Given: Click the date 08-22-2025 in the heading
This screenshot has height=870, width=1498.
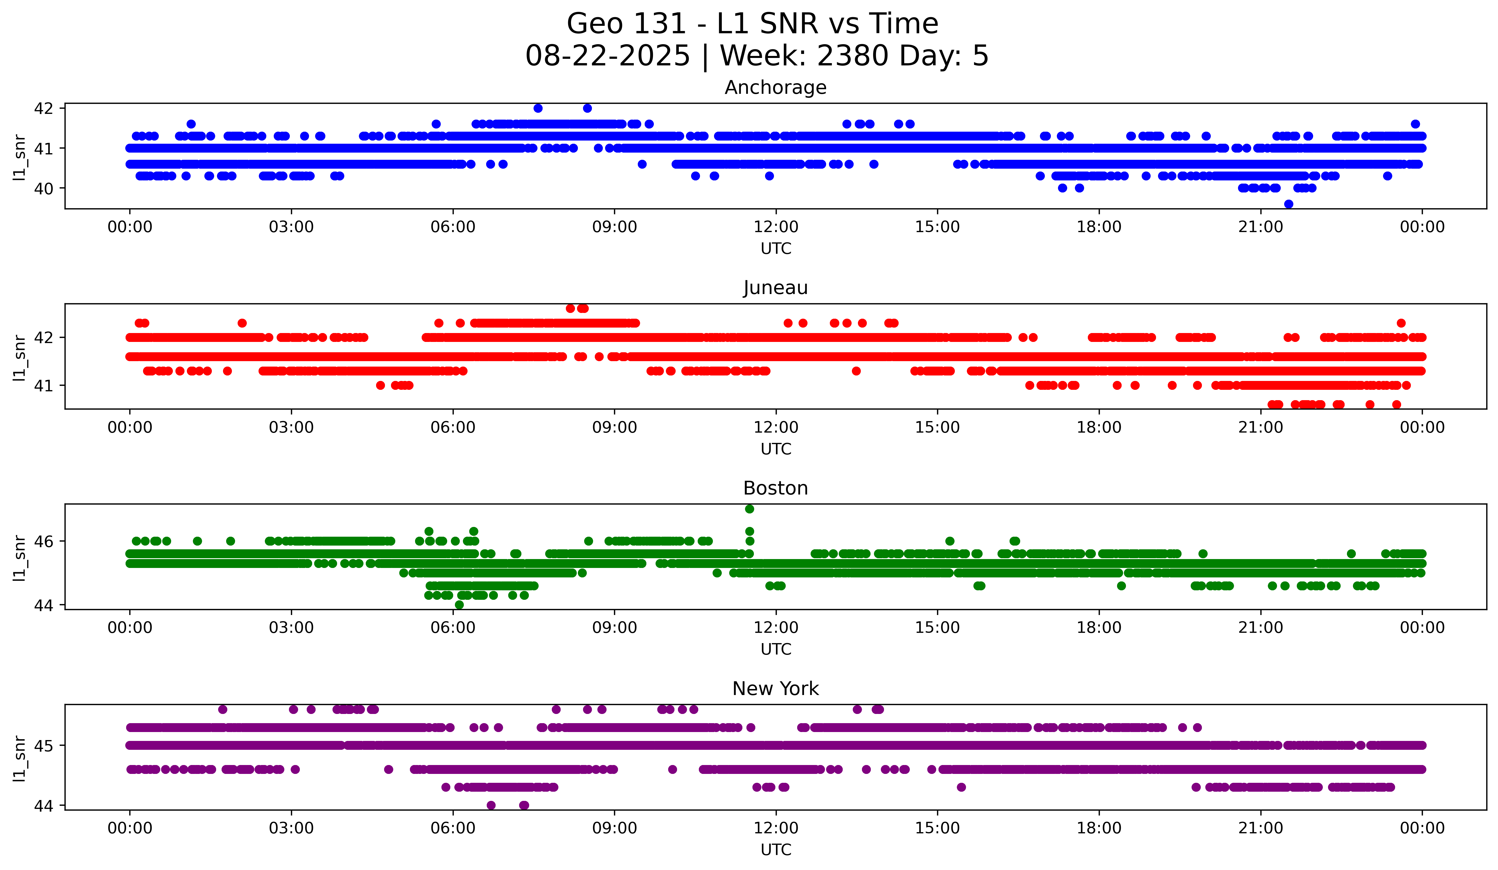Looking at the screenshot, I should [607, 56].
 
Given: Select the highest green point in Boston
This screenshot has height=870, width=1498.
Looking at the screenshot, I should [750, 509].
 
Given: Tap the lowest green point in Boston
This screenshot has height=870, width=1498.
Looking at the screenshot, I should [459, 605].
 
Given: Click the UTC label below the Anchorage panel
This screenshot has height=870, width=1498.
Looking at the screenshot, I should [776, 249].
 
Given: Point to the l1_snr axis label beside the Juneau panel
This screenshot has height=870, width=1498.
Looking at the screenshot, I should [19, 357].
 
